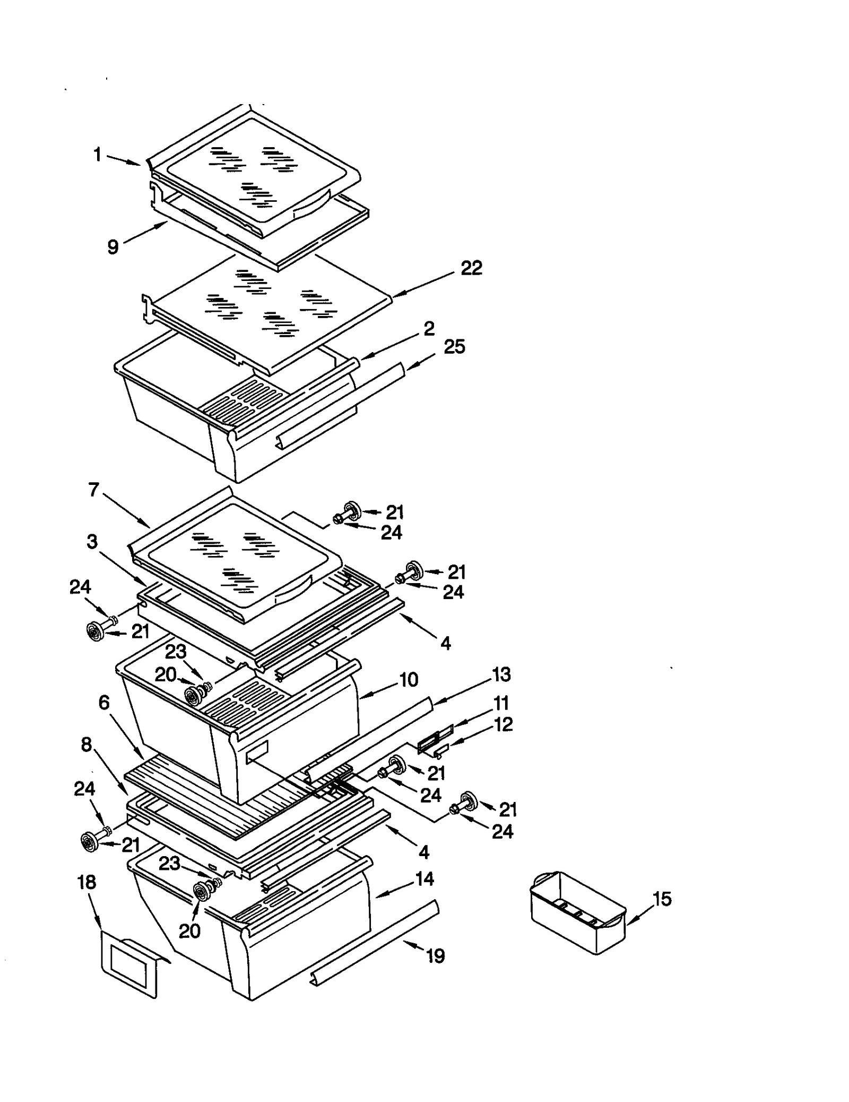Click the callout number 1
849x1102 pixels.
click(97, 155)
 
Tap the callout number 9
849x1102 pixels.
click(112, 247)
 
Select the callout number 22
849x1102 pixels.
click(471, 268)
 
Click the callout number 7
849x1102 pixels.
click(94, 490)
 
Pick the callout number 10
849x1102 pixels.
click(408, 680)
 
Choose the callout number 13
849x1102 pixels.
click(501, 674)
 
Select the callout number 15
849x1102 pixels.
click(662, 899)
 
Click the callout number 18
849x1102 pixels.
click(86, 882)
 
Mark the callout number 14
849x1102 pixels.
click(424, 879)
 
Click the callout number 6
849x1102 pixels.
click(104, 703)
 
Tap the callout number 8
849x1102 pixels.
click(86, 745)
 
